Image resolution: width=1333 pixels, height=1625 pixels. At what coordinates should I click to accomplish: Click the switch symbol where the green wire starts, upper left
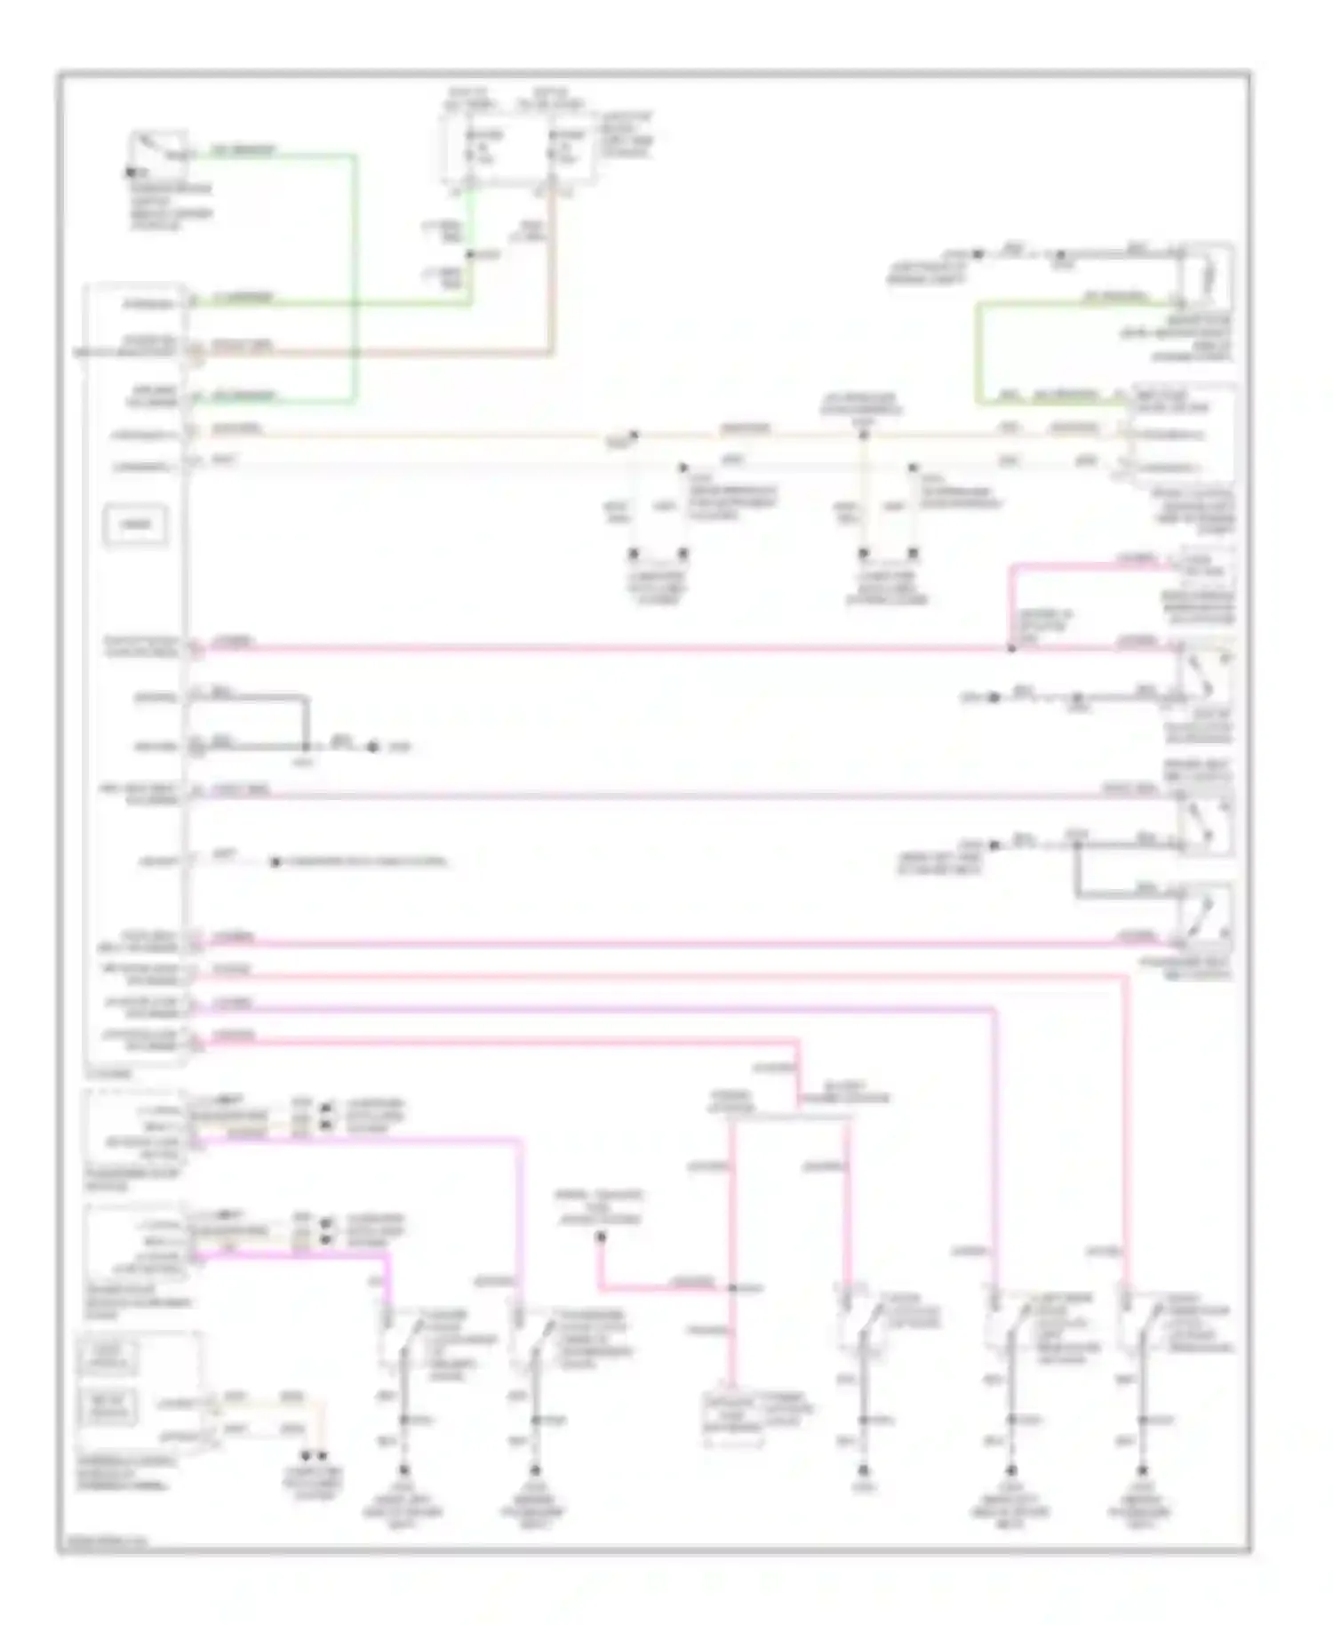[x=158, y=152]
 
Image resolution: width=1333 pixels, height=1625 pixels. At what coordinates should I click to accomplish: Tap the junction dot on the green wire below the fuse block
[x=470, y=255]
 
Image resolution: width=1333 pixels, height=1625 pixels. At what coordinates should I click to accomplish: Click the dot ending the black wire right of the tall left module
[x=373, y=747]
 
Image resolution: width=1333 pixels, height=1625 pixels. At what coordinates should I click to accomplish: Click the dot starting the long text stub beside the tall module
[x=275, y=861]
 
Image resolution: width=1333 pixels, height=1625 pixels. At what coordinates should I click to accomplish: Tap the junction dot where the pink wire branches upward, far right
[x=1010, y=648]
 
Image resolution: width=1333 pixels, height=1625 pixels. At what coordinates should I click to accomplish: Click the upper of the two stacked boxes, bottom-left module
[x=109, y=1358]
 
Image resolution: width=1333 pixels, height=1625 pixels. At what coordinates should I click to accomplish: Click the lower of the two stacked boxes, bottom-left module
[x=109, y=1407]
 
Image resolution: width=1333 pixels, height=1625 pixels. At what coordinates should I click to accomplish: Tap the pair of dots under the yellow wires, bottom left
[x=314, y=1457]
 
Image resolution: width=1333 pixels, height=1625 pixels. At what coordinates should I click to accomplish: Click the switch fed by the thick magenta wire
[x=397, y=1339]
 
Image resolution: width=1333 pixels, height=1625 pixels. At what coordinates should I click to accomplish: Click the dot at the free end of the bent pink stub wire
[x=601, y=1236]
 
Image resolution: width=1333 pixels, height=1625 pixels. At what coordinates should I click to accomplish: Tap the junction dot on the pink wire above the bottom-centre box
[x=732, y=1288]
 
